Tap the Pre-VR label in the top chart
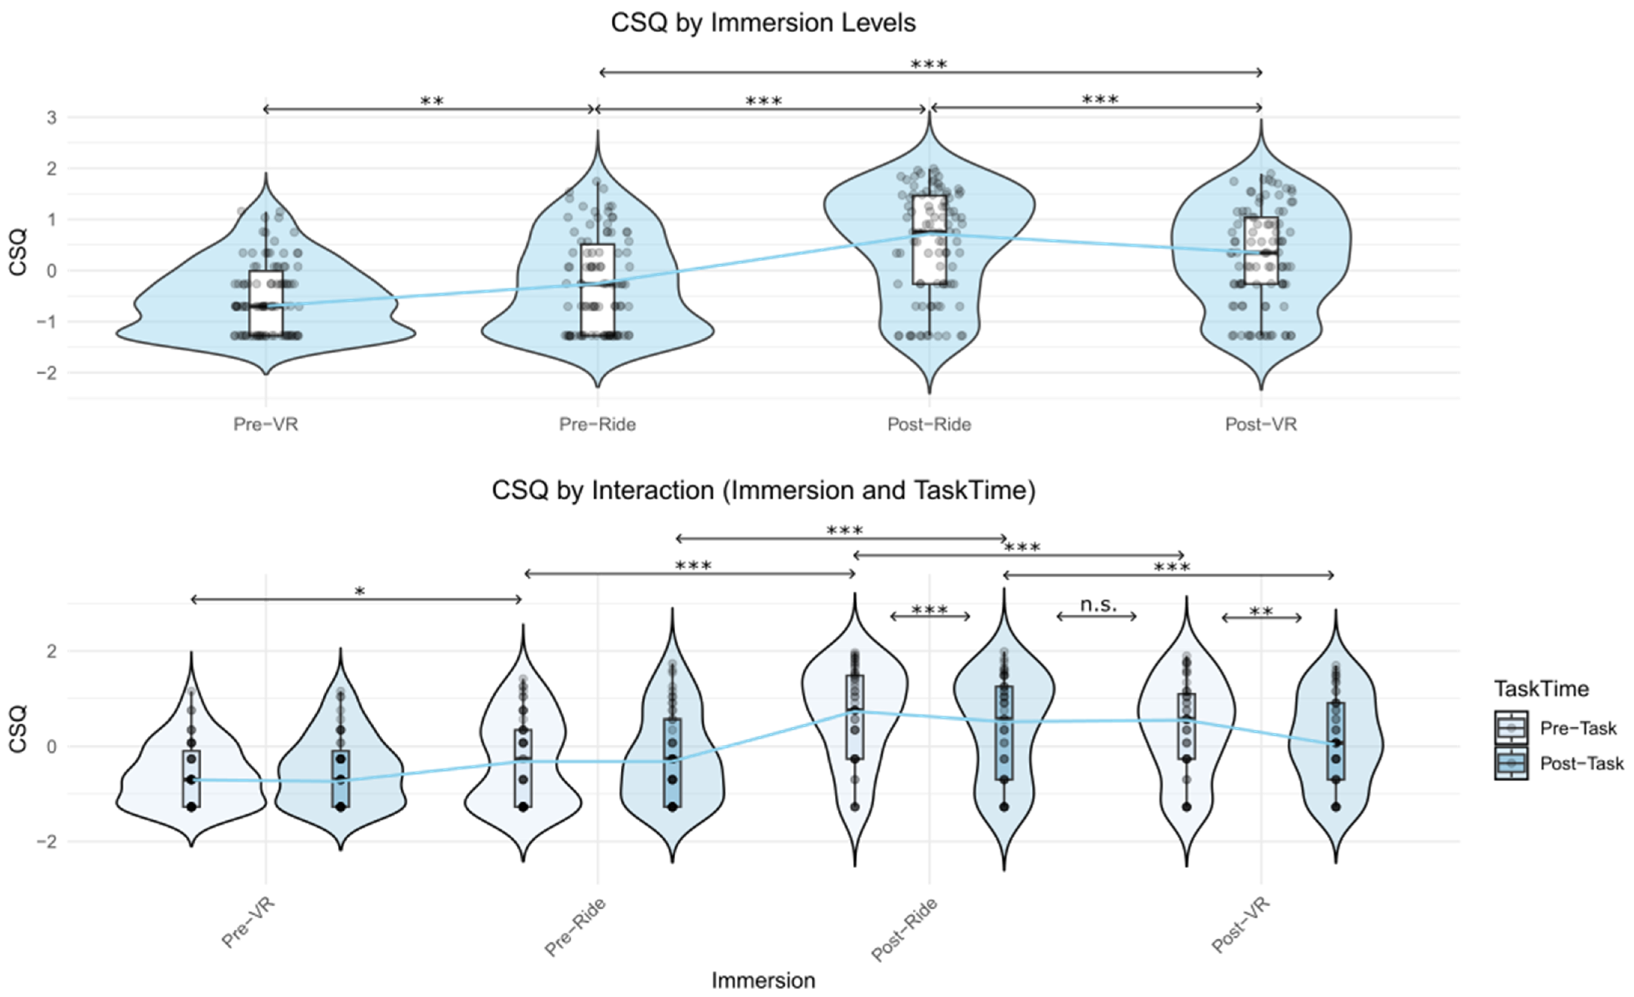(x=265, y=425)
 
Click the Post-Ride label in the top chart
(x=929, y=425)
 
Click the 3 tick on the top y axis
(x=51, y=118)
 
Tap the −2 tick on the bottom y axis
(x=46, y=842)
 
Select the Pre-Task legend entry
(x=1578, y=728)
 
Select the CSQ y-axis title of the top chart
(x=18, y=252)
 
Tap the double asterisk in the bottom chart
(x=1261, y=612)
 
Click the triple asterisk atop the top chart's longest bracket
(x=928, y=64)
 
